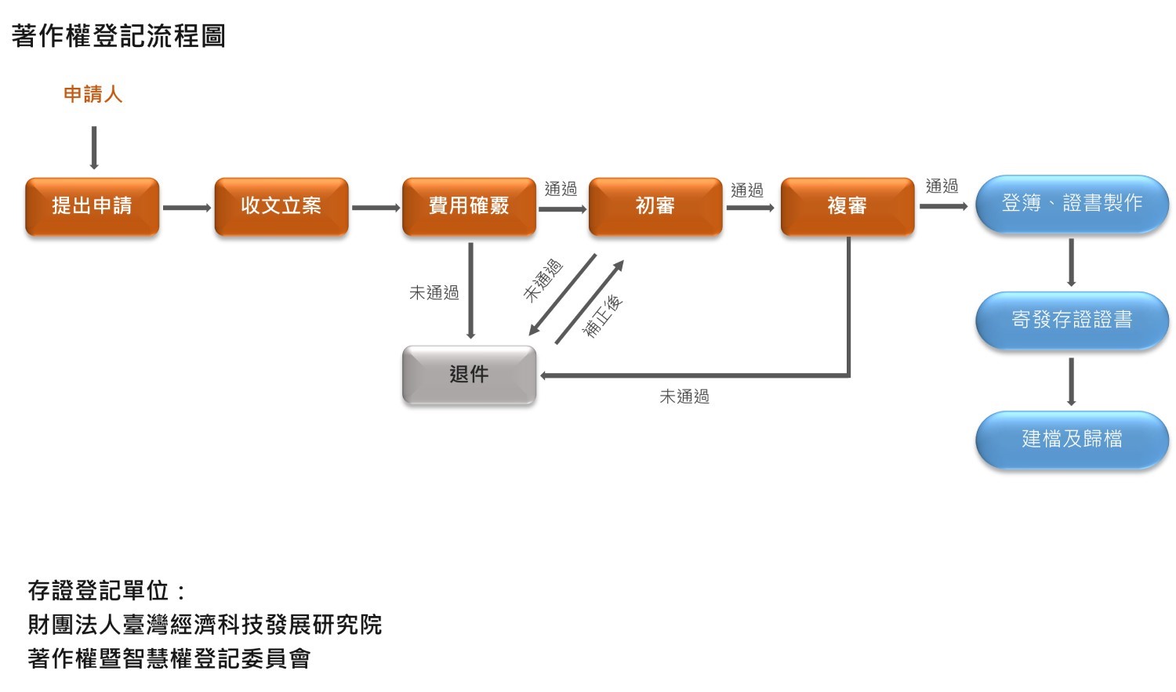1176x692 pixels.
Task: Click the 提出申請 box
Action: click(92, 206)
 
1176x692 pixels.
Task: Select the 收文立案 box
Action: click(281, 206)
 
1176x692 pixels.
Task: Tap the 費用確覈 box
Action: click(469, 206)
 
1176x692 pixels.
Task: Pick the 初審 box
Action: click(655, 206)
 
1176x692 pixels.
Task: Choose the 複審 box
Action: click(847, 206)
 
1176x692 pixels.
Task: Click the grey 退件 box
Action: click(469, 375)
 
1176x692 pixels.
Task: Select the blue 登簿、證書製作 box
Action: click(1071, 204)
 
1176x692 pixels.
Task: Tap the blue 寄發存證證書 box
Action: click(1071, 320)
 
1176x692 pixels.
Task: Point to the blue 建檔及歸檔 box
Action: click(1071, 439)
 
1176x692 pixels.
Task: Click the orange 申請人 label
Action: click(93, 95)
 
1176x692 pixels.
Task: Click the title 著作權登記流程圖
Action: click(118, 36)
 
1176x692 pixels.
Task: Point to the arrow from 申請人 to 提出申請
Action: click(94, 147)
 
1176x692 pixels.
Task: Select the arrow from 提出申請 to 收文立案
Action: click(187, 208)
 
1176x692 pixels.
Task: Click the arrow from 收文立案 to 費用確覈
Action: click(376, 208)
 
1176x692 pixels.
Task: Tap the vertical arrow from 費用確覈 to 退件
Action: click(470, 290)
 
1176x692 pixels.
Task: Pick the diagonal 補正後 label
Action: click(602, 316)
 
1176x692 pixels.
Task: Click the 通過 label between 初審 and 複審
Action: click(746, 190)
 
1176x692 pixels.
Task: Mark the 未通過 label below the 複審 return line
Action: click(684, 397)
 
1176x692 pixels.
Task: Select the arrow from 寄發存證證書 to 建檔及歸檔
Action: click(1071, 382)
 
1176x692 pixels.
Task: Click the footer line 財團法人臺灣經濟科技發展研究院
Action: click(205, 625)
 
